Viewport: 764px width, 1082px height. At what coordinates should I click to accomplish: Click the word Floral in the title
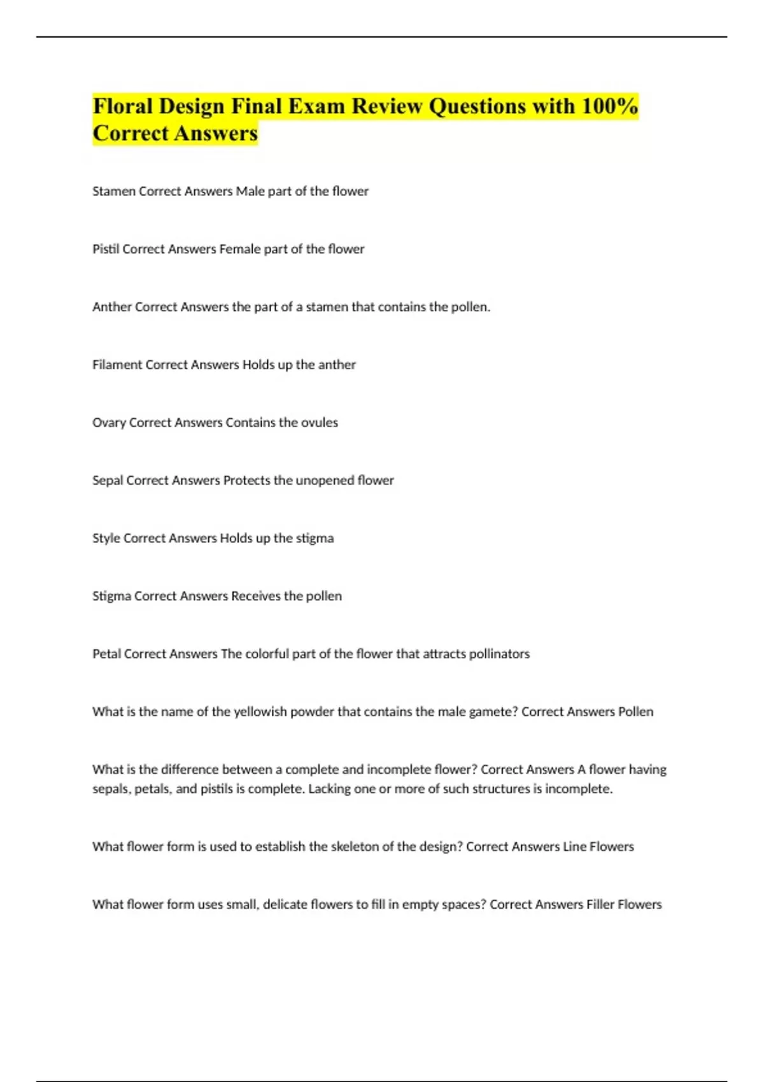(x=122, y=106)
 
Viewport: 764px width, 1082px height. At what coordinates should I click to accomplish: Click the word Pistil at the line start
(x=106, y=249)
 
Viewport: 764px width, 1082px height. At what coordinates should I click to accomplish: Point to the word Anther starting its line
(x=112, y=307)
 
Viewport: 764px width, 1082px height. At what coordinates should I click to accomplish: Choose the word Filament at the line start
(x=117, y=365)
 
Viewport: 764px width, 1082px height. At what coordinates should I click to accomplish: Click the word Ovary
(x=109, y=423)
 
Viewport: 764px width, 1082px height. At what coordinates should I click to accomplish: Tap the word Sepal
(x=108, y=481)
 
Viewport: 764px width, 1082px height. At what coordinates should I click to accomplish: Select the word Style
(x=106, y=538)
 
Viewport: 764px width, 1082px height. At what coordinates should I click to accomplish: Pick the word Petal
(x=106, y=654)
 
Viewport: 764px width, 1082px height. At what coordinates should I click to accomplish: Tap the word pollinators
(x=499, y=654)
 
